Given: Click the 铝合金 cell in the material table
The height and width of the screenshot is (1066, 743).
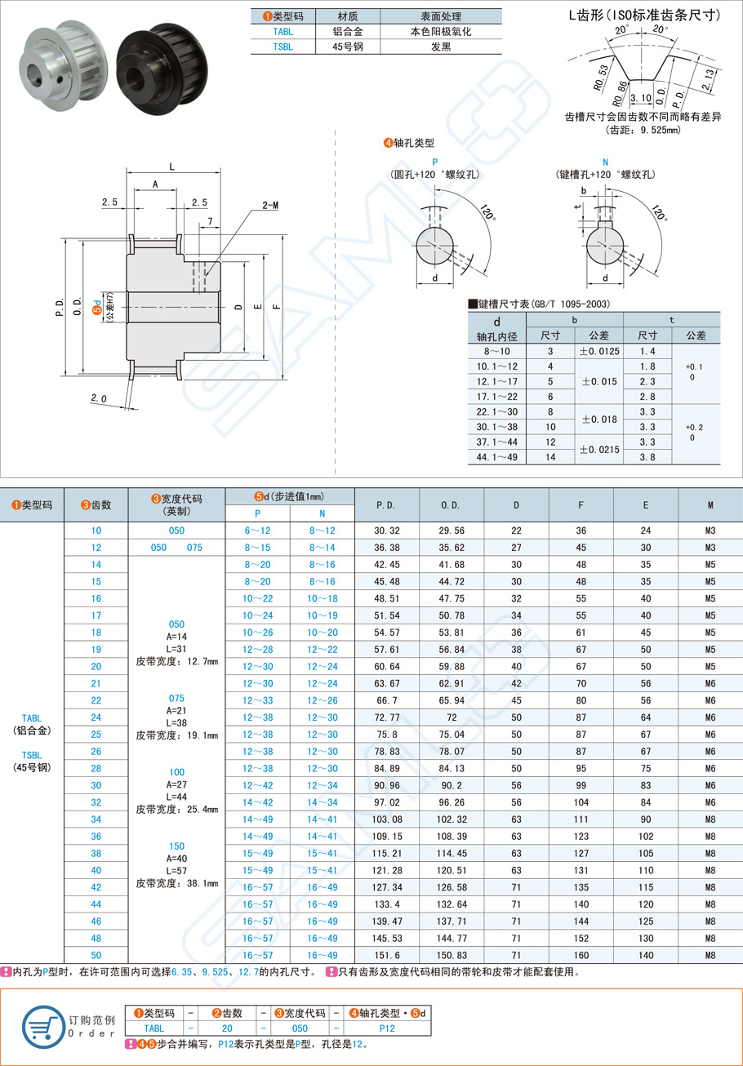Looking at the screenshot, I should coord(349,32).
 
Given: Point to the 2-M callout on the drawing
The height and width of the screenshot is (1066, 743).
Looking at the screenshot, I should coord(271,207).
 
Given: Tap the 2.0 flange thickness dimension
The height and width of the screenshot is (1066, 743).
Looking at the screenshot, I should coord(99,398).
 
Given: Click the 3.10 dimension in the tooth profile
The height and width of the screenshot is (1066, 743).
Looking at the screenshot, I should coord(641,97).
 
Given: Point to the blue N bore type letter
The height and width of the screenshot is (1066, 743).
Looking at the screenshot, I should coord(605,162).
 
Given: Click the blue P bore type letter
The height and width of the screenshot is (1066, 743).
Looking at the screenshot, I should coord(434,162).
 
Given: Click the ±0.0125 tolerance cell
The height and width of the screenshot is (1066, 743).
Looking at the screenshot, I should coord(598,350).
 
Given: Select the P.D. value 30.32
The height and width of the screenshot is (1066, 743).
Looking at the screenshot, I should coord(386,531).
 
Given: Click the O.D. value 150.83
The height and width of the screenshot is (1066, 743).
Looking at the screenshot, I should coord(451,955).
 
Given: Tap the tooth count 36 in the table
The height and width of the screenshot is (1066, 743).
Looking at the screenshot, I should coord(96,836).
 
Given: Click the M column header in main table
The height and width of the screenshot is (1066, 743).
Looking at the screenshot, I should coord(710,505).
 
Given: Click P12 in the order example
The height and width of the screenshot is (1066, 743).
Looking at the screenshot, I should coord(387,1028).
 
